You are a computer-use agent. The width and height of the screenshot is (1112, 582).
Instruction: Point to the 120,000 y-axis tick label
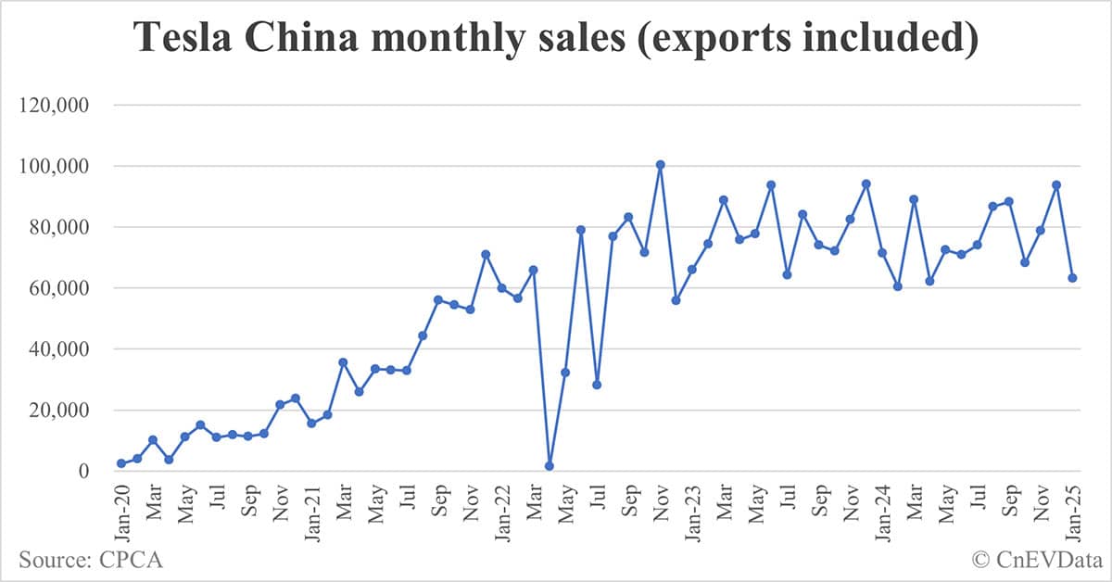[x=54, y=106]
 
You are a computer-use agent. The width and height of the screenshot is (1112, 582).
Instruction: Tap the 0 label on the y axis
[x=82, y=472]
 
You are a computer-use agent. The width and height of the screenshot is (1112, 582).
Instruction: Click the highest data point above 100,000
[x=660, y=165]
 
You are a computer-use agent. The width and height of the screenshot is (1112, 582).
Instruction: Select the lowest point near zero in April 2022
[x=549, y=466]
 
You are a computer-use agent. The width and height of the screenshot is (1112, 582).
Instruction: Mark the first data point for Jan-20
[x=121, y=463]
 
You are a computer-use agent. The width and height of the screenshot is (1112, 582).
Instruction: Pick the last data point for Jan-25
[x=1072, y=278]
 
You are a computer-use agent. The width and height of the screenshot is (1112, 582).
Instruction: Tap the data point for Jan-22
[x=501, y=288]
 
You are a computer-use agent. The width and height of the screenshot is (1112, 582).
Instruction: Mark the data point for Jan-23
[x=691, y=270]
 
